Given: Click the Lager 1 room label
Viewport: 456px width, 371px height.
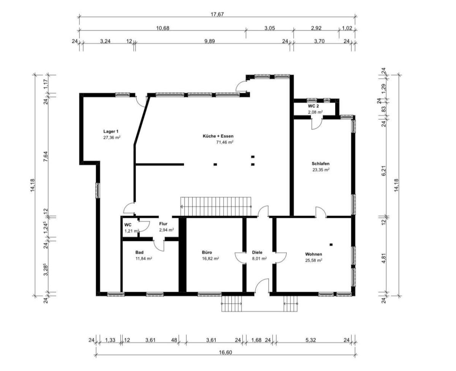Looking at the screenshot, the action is [111, 131].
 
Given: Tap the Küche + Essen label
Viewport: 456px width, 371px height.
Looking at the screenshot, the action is [218, 136].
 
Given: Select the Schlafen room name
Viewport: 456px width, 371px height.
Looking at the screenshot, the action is [320, 164].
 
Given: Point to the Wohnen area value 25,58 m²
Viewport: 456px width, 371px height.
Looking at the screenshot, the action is [313, 260].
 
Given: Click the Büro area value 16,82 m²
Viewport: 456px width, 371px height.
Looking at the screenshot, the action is [210, 259].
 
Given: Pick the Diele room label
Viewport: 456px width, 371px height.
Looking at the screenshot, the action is [257, 252].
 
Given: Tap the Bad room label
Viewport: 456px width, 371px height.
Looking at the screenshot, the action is [139, 252].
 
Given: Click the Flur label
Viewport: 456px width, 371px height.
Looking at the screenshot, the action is [163, 224].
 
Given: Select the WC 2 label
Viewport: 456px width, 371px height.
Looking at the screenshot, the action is [313, 106].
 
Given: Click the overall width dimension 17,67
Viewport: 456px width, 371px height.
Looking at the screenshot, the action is [217, 14].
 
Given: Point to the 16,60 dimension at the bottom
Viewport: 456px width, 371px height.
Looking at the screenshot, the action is [225, 352].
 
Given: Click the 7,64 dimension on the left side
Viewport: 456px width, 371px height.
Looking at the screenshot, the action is [46, 157].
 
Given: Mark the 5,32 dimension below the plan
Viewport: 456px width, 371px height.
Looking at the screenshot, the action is [310, 340].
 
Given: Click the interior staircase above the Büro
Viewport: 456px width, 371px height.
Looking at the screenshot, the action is [216, 206].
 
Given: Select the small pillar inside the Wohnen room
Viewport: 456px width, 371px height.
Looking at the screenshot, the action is [331, 245].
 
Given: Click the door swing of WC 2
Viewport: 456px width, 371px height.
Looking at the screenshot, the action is [317, 124].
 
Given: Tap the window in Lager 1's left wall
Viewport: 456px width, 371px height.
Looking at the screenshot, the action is [98, 190].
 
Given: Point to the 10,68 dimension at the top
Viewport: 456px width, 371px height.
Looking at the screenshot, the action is [163, 28].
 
